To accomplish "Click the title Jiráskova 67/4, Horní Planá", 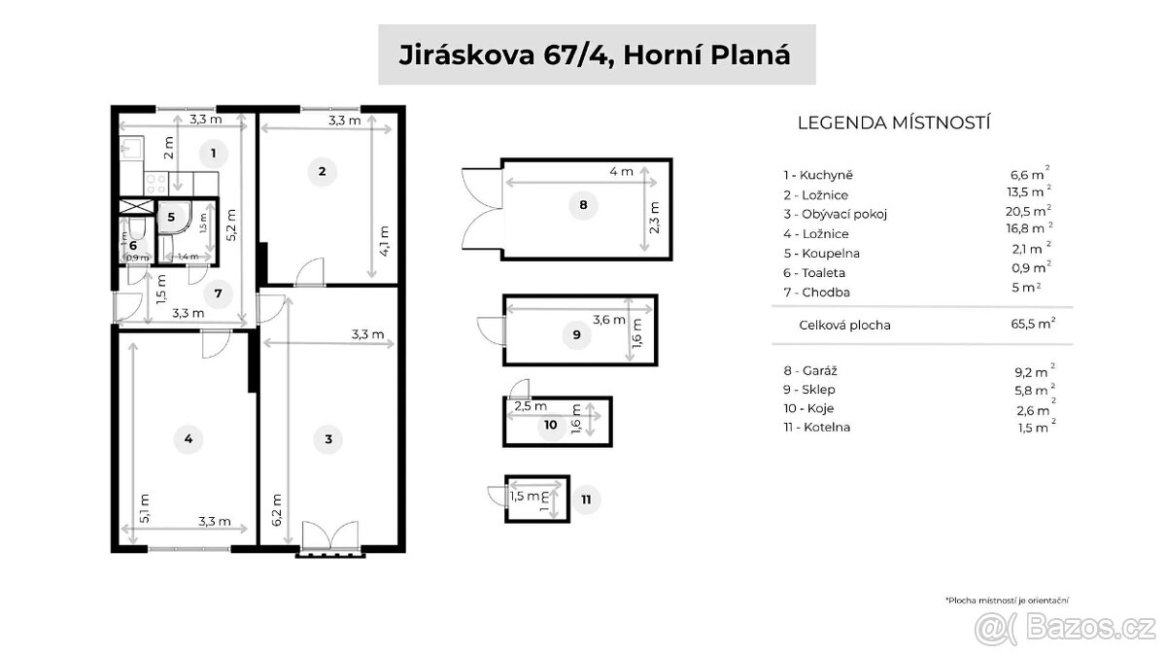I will [596, 55].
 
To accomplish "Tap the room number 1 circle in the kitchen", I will [212, 152].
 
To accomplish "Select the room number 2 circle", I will [322, 173].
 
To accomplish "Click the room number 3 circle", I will [328, 440].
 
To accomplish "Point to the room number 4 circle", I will [189, 440].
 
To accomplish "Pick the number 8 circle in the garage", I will [582, 205].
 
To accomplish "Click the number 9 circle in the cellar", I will [576, 335].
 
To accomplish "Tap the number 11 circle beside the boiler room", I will [585, 501].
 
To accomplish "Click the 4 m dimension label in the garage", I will [620, 172].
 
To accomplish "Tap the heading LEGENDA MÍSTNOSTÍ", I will [893, 122].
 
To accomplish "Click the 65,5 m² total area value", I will [1032, 325].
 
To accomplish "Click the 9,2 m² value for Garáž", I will [1032, 370].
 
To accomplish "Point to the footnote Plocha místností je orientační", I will [1012, 602].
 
